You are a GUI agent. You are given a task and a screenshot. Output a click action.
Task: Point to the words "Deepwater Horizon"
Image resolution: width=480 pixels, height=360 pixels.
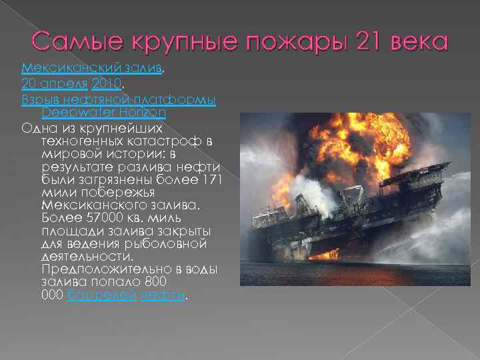tap(103, 113)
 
